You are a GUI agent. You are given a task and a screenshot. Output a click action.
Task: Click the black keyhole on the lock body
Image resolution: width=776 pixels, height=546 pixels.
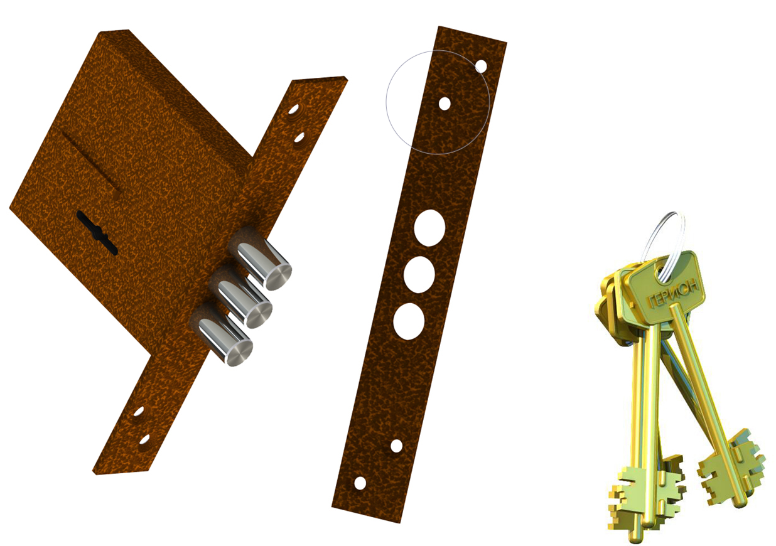(97, 232)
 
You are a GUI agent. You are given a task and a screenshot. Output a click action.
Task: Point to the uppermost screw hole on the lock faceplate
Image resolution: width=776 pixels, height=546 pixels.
(293, 110)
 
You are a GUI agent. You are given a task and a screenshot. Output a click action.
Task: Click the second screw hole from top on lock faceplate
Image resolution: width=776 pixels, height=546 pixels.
(299, 137)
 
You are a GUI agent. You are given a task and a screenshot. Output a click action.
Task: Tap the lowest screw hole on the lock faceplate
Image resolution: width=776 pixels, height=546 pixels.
(144, 440)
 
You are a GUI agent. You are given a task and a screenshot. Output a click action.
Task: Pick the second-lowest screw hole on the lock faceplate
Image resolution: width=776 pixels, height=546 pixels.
(138, 412)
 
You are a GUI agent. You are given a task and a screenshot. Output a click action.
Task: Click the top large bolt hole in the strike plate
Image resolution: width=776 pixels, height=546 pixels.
(429, 228)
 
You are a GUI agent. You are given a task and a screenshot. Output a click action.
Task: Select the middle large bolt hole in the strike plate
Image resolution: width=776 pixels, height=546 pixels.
(419, 274)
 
